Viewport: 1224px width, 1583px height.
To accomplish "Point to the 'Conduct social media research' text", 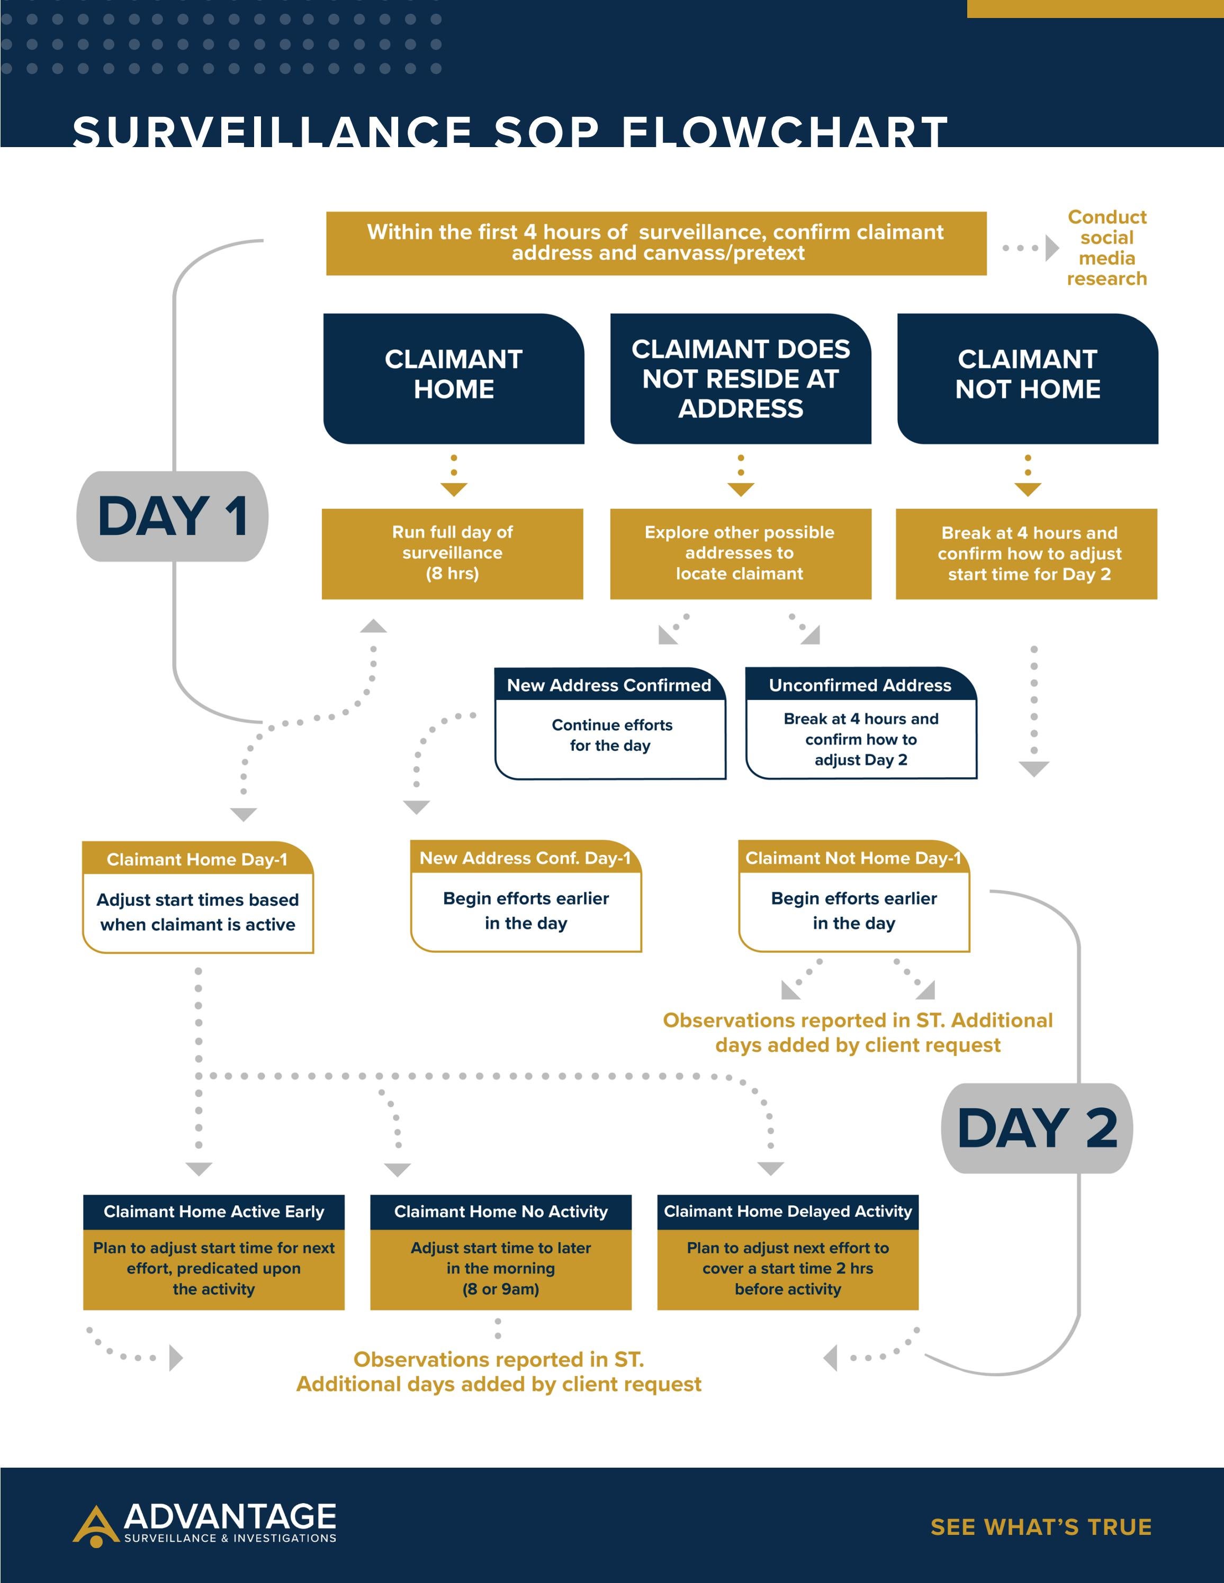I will click(1106, 248).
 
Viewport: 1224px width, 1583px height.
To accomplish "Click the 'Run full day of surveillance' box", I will click(453, 553).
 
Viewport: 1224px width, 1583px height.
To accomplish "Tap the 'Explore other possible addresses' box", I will click(740, 553).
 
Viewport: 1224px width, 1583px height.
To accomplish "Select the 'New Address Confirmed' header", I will click(609, 685).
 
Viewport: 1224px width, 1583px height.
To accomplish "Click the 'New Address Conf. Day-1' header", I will click(525, 858).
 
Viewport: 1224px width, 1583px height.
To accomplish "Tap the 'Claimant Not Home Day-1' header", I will click(853, 858).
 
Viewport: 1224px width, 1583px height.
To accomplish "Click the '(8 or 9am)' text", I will click(500, 1289).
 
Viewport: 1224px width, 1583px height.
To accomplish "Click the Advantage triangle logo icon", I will click(96, 1525).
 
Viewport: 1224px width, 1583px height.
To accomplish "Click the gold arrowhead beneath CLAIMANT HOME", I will click(454, 490).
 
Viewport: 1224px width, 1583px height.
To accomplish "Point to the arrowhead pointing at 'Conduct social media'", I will click(1051, 248).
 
